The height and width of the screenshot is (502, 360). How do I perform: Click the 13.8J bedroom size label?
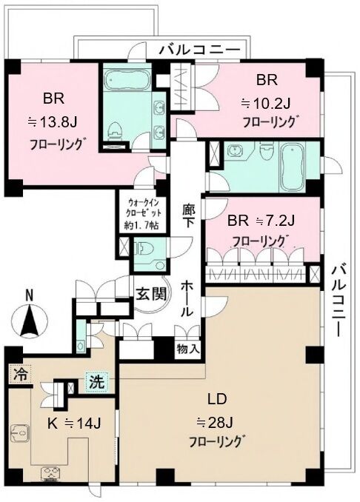click(x=53, y=122)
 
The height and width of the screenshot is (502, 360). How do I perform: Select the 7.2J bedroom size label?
click(x=275, y=221)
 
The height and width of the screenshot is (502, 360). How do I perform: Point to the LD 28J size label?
click(x=214, y=424)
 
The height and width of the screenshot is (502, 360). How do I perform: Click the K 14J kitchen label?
click(x=74, y=424)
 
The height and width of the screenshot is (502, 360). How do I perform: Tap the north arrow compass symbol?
click(x=29, y=320)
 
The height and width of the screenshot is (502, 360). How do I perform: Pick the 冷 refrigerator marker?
click(x=20, y=374)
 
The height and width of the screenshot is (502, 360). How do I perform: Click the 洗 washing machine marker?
click(x=96, y=383)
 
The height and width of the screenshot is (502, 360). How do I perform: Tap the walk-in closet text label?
click(x=142, y=214)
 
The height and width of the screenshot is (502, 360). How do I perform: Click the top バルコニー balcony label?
click(x=200, y=50)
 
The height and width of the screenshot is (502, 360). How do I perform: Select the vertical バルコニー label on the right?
click(x=339, y=301)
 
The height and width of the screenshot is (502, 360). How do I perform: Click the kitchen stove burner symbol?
click(x=51, y=474)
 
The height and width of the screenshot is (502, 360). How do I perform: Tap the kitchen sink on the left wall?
click(x=19, y=433)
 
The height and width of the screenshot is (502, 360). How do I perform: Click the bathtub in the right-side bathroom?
click(x=292, y=168)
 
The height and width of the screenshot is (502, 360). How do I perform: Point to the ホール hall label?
click(x=187, y=298)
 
